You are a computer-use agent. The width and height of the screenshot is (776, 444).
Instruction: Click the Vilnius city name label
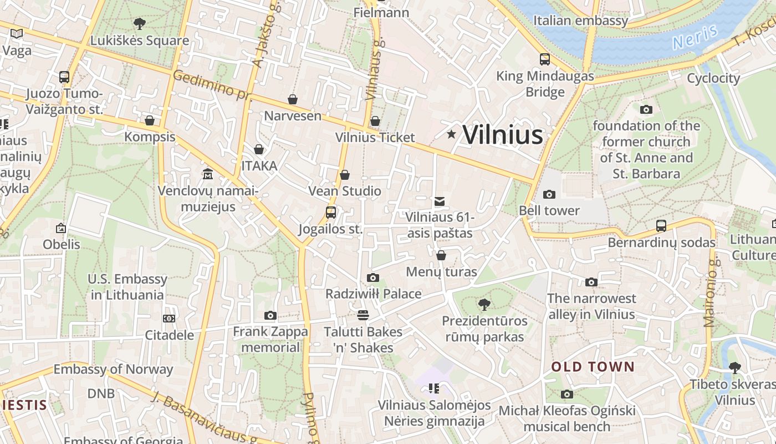click(502, 135)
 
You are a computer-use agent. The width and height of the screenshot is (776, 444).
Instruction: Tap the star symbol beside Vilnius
click(451, 134)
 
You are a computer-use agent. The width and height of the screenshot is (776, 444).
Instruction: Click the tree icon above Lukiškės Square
click(140, 24)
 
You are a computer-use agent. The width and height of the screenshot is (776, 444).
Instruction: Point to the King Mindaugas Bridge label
click(545, 84)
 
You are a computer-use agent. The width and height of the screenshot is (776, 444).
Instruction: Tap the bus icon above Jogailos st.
click(331, 213)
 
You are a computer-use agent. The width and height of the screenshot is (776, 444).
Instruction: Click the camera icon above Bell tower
click(549, 194)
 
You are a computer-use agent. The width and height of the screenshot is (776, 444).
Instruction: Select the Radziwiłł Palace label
click(374, 294)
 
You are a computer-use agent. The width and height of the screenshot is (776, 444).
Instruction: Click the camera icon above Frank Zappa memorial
click(270, 316)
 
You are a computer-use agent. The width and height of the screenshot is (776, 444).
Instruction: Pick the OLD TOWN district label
click(593, 367)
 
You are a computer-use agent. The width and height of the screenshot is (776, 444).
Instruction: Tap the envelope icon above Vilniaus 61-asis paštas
click(440, 201)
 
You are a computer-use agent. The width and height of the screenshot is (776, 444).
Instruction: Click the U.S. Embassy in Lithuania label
click(127, 287)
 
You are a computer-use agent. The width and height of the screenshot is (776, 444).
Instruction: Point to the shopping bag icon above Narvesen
click(293, 99)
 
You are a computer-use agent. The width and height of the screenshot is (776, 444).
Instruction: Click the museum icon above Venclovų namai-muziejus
click(208, 174)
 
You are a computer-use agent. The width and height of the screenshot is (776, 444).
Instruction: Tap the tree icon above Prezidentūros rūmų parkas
click(484, 304)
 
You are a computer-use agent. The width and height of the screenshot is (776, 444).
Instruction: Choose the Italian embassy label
click(581, 21)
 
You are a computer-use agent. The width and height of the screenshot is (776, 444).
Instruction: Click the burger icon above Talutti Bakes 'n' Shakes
click(363, 315)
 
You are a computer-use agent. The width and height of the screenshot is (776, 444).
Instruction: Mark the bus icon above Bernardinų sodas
click(661, 226)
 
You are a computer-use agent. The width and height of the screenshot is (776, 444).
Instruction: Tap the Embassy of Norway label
click(113, 369)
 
